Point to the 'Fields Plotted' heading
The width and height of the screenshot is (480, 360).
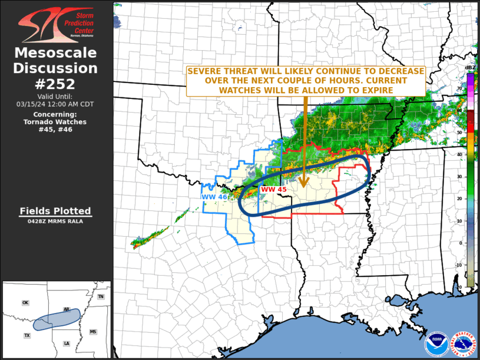55,211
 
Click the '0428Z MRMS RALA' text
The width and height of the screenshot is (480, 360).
55,222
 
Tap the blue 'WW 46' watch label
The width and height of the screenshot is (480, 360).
214,197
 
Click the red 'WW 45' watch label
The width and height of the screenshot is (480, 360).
273,190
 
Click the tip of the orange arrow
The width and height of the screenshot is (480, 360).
304,186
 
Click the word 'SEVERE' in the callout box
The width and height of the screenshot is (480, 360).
204,71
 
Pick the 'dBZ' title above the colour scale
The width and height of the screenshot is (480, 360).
470,68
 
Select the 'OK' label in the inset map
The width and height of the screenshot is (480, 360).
25,303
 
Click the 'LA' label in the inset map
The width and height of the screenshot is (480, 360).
66,344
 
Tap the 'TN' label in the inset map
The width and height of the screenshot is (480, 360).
101,297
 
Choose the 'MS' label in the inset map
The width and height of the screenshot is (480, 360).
92,332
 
